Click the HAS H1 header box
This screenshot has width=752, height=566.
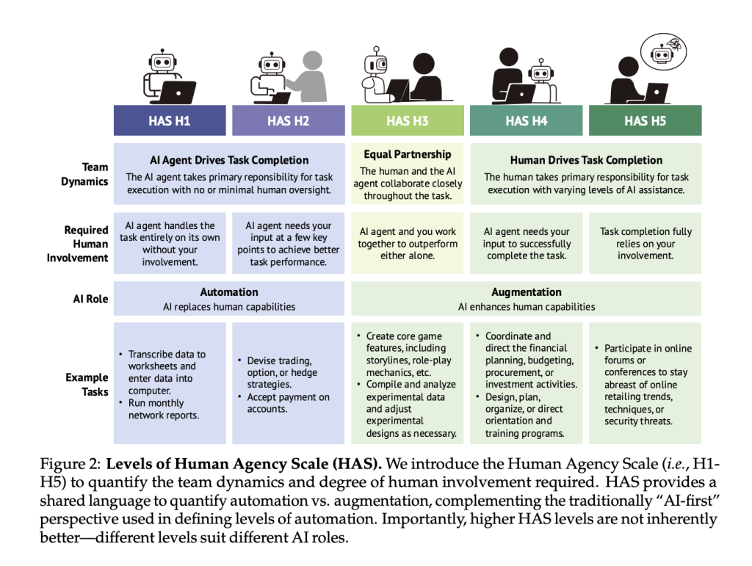(170, 120)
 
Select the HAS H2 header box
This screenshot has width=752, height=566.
(288, 120)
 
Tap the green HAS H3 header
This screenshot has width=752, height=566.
(408, 120)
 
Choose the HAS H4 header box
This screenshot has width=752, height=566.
(526, 120)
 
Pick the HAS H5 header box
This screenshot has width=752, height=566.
(645, 120)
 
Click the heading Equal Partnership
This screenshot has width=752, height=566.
(408, 154)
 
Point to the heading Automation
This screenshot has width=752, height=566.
(229, 292)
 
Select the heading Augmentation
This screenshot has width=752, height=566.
(526, 292)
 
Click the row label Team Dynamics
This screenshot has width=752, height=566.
(84, 175)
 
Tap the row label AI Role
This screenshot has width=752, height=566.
(90, 299)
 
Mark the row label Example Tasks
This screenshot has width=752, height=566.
(87, 385)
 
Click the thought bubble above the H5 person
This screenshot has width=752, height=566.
(664, 52)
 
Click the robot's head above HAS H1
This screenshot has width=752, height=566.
(162, 62)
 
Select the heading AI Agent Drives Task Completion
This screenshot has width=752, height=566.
(229, 160)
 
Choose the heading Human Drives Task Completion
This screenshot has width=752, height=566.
(586, 160)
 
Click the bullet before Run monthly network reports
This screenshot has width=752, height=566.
(121, 402)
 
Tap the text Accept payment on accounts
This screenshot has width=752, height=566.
(288, 403)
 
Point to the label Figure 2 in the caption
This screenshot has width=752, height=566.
(70, 464)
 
